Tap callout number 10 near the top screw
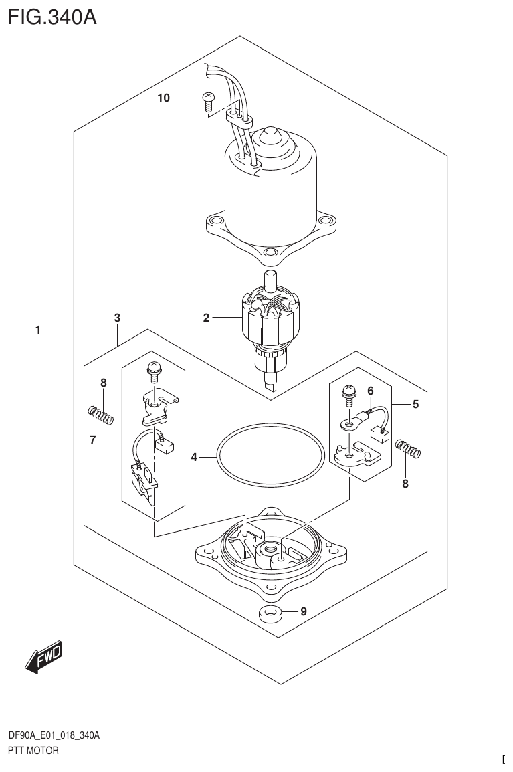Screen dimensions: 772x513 (x=164, y=98)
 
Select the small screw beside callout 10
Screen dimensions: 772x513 (x=207, y=102)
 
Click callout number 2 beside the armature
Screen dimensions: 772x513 (x=207, y=318)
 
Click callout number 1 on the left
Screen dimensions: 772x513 (x=39, y=330)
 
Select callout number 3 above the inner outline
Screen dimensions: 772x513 (x=117, y=318)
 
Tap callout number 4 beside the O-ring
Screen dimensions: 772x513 (x=194, y=458)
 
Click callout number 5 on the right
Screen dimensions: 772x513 (x=415, y=404)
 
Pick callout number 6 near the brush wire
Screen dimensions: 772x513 (x=370, y=391)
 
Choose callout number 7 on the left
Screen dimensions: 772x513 (x=94, y=439)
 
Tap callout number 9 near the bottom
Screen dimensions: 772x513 (x=304, y=610)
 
